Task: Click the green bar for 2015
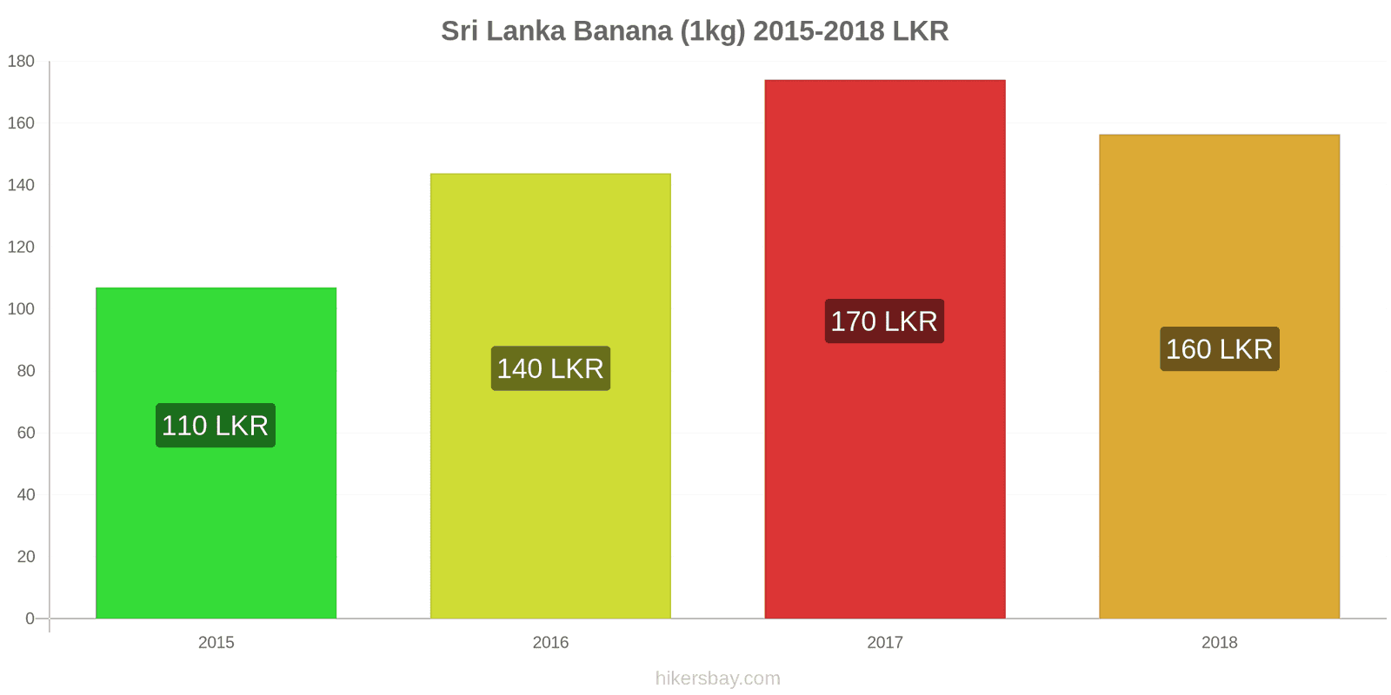(x=216, y=521)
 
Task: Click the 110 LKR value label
(x=216, y=426)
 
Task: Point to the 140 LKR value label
(x=550, y=368)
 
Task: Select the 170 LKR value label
(x=884, y=321)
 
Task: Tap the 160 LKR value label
(x=1219, y=349)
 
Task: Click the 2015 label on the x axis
(x=216, y=643)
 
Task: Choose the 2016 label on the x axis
(x=550, y=643)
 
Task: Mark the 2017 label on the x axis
(x=885, y=643)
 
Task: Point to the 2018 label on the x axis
(x=1219, y=643)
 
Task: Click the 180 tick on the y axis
(x=21, y=62)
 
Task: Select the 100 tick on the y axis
(x=21, y=309)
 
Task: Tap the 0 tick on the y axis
(x=30, y=619)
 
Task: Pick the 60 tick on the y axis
(x=25, y=433)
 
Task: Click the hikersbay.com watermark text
(x=717, y=678)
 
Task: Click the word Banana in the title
(x=623, y=31)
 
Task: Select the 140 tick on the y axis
(x=21, y=185)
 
